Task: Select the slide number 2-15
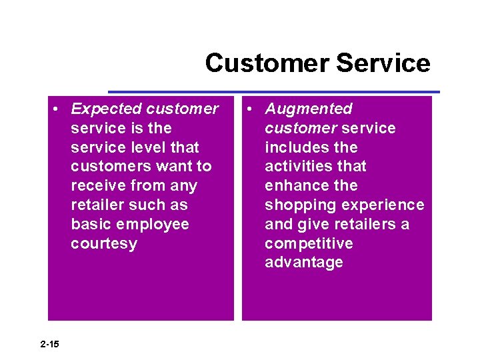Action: [x=49, y=344]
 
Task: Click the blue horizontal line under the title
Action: [x=273, y=91]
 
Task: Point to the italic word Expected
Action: [x=107, y=109]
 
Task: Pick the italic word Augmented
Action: [x=309, y=109]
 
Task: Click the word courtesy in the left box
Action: [x=104, y=243]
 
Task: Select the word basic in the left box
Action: [x=91, y=224]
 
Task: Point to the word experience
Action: [x=388, y=205]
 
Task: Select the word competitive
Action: [x=309, y=243]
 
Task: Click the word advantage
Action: [x=304, y=263]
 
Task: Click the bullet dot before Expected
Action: [x=59, y=109]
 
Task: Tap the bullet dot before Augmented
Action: [x=253, y=109]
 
